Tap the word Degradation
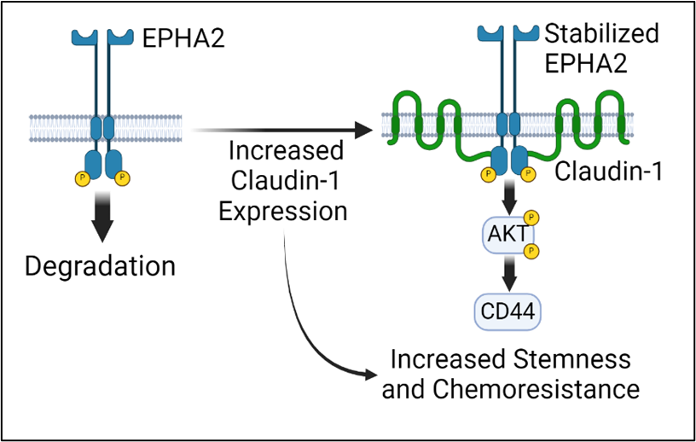coord(100,265)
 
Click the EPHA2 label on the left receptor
coord(182,38)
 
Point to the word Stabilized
coord(601,34)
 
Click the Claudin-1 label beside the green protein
coord(607,172)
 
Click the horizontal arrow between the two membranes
coord(281,131)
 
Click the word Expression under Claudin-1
coord(282,211)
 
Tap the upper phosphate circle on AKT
coord(531,218)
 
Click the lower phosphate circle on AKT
coord(531,250)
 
